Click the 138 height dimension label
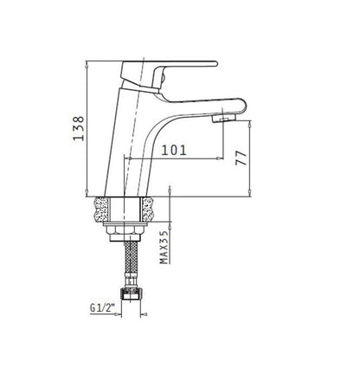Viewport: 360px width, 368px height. (x=78, y=128)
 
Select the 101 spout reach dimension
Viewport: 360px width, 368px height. (x=174, y=150)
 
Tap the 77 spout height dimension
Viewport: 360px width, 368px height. (x=241, y=158)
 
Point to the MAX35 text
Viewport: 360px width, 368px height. (x=164, y=248)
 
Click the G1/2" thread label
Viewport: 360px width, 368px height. (x=102, y=307)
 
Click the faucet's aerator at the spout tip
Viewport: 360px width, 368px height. (x=224, y=118)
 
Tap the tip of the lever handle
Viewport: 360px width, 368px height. (x=215, y=63)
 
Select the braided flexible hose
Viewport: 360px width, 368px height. (x=132, y=256)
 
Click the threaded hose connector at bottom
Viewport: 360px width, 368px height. (x=131, y=294)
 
